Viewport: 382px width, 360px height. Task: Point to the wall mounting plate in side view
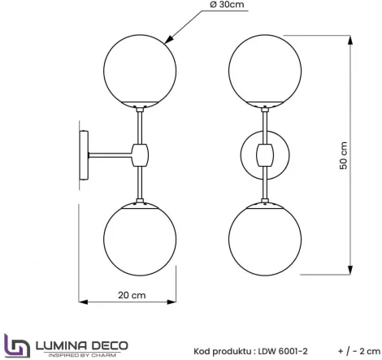pyautogui.click(x=85, y=154)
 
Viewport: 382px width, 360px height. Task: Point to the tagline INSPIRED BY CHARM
pyautogui.click(x=80, y=354)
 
